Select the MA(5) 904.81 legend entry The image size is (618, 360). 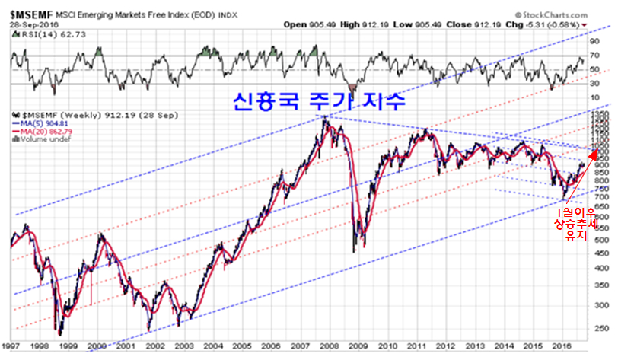[47, 126]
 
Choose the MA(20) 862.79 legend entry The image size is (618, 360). [49, 133]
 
